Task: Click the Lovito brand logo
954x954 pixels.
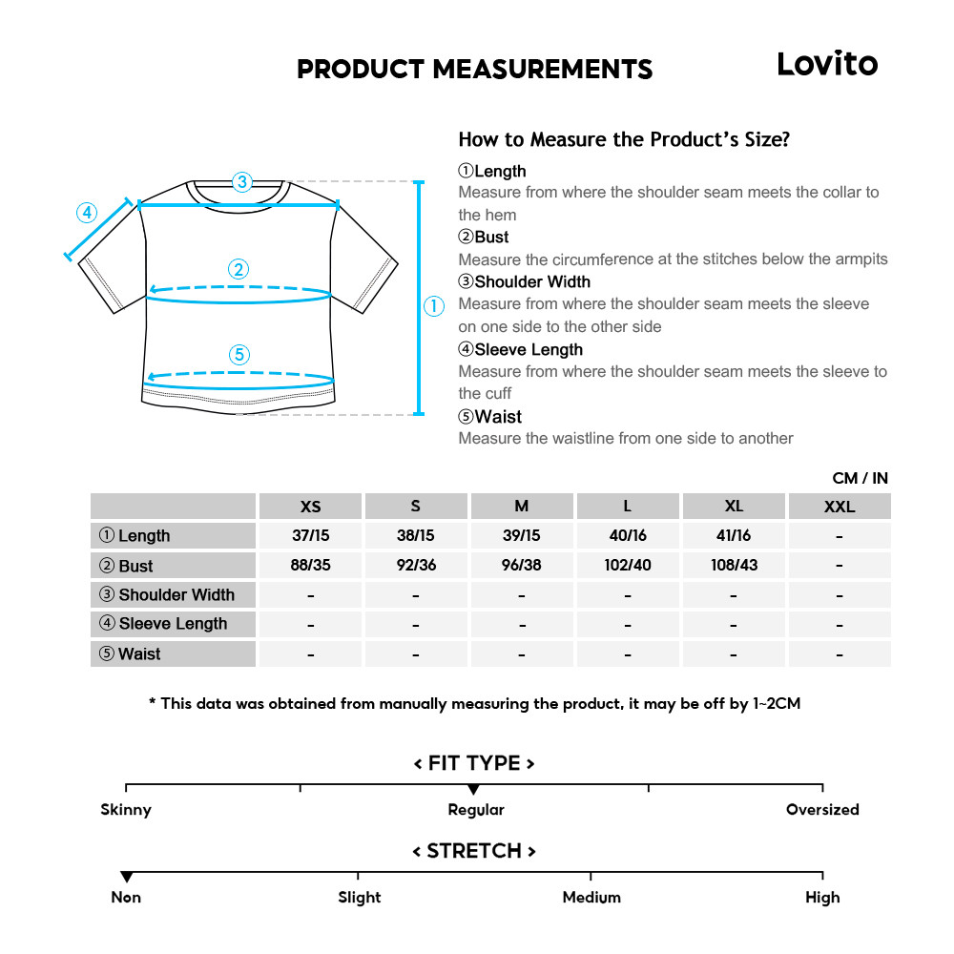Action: [826, 64]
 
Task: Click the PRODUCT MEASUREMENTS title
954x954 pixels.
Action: [474, 70]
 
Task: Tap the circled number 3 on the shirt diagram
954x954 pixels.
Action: [241, 181]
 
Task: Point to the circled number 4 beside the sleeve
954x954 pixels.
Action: [87, 212]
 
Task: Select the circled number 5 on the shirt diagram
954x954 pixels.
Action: [239, 355]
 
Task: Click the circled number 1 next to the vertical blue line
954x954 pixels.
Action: [434, 306]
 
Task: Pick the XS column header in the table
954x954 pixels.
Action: [310, 507]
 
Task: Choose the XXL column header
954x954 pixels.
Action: [840, 507]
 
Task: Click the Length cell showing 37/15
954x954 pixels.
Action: [310, 536]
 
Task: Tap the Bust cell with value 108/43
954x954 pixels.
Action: [734, 566]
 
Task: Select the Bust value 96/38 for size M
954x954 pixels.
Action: [521, 566]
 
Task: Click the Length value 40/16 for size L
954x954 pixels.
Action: [627, 536]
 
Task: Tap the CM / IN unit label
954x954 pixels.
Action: [860, 478]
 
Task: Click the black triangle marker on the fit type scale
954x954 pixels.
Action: [473, 790]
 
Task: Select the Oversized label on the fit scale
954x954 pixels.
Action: [822, 810]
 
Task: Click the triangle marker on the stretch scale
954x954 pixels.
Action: [126, 877]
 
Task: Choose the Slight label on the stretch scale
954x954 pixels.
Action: [359, 898]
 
